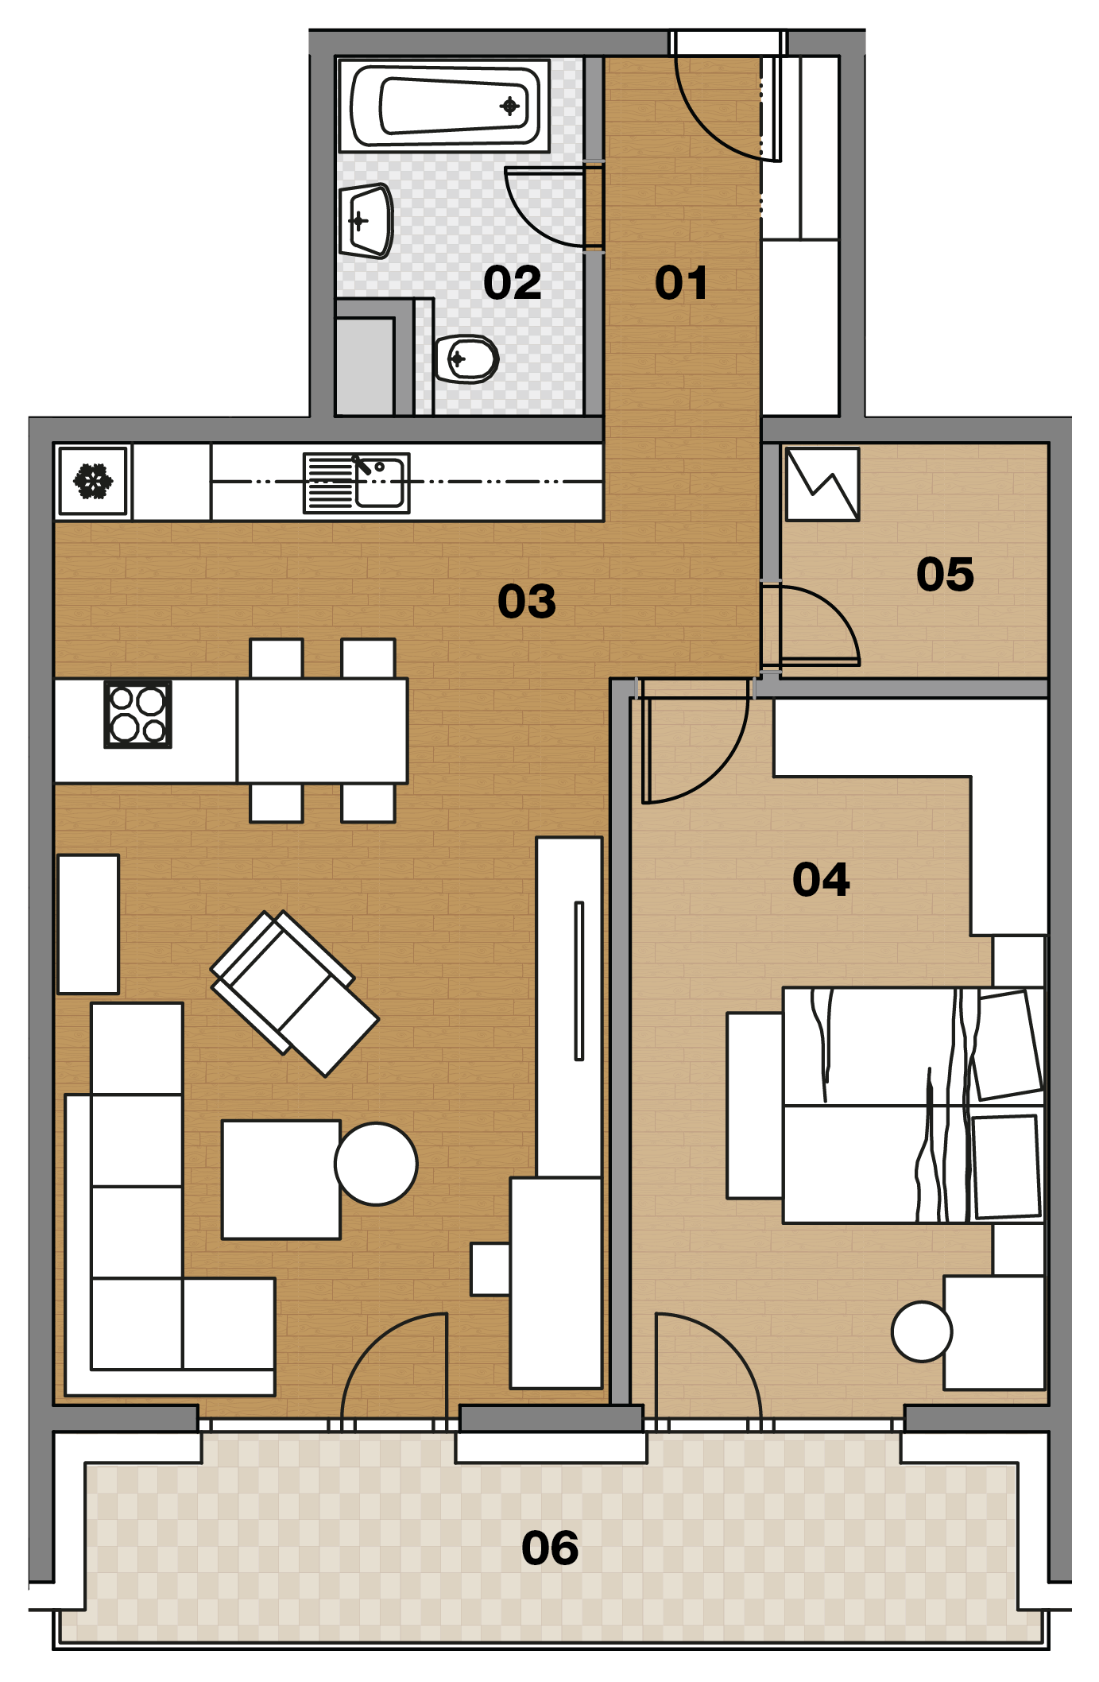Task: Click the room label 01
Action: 681,283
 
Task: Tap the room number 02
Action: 513,283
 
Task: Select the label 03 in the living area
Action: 527,601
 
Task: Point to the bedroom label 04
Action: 821,880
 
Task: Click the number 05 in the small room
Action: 945,574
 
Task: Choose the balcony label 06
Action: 550,1548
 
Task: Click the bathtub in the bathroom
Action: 444,105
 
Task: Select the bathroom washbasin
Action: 366,221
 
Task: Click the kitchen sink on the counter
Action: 357,483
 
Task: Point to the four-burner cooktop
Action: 138,714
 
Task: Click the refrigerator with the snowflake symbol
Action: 93,481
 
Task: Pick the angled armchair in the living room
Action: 294,993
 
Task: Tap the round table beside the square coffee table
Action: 376,1164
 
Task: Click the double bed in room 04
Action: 913,1105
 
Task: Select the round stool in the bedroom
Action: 922,1331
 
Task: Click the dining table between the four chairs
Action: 323,731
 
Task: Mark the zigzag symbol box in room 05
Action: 822,484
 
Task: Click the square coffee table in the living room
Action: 281,1180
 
